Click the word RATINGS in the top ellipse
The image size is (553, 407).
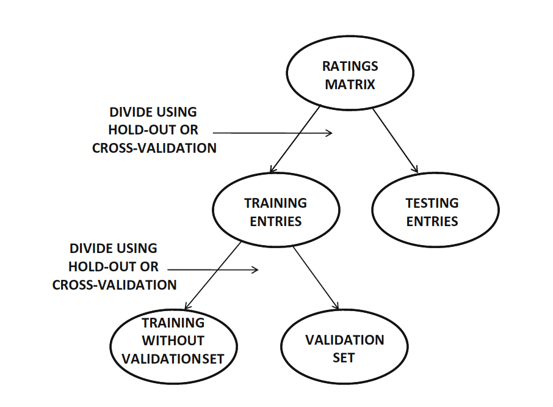350,66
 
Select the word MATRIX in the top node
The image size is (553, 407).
350,84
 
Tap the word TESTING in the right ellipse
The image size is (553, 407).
432,203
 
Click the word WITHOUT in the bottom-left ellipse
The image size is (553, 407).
173,340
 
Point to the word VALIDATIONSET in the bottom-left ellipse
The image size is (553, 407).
173,359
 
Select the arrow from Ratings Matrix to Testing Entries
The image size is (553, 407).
396,141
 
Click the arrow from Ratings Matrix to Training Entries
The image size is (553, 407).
295,139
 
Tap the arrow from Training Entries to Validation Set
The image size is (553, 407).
316,278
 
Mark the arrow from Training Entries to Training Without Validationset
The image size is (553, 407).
213,276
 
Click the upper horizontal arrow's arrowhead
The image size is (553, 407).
330,133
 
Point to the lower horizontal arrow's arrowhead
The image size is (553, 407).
255,270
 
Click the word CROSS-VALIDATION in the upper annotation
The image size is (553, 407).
154,148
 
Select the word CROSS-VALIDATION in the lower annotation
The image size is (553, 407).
115,285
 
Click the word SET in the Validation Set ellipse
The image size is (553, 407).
344,358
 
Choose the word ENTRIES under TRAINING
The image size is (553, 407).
276,221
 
